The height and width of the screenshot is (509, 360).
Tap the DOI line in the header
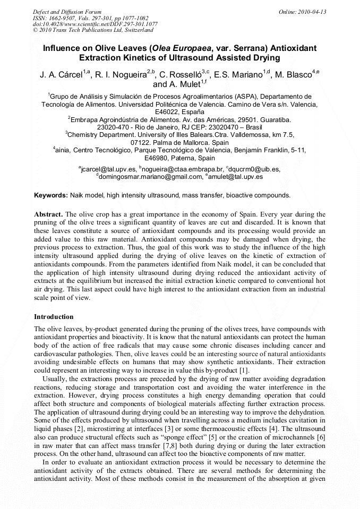coord(95,24)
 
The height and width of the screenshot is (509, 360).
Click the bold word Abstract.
coord(48,214)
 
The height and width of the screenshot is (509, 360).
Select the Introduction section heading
coord(54,317)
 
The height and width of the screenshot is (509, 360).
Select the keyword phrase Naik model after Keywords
coord(88,195)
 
